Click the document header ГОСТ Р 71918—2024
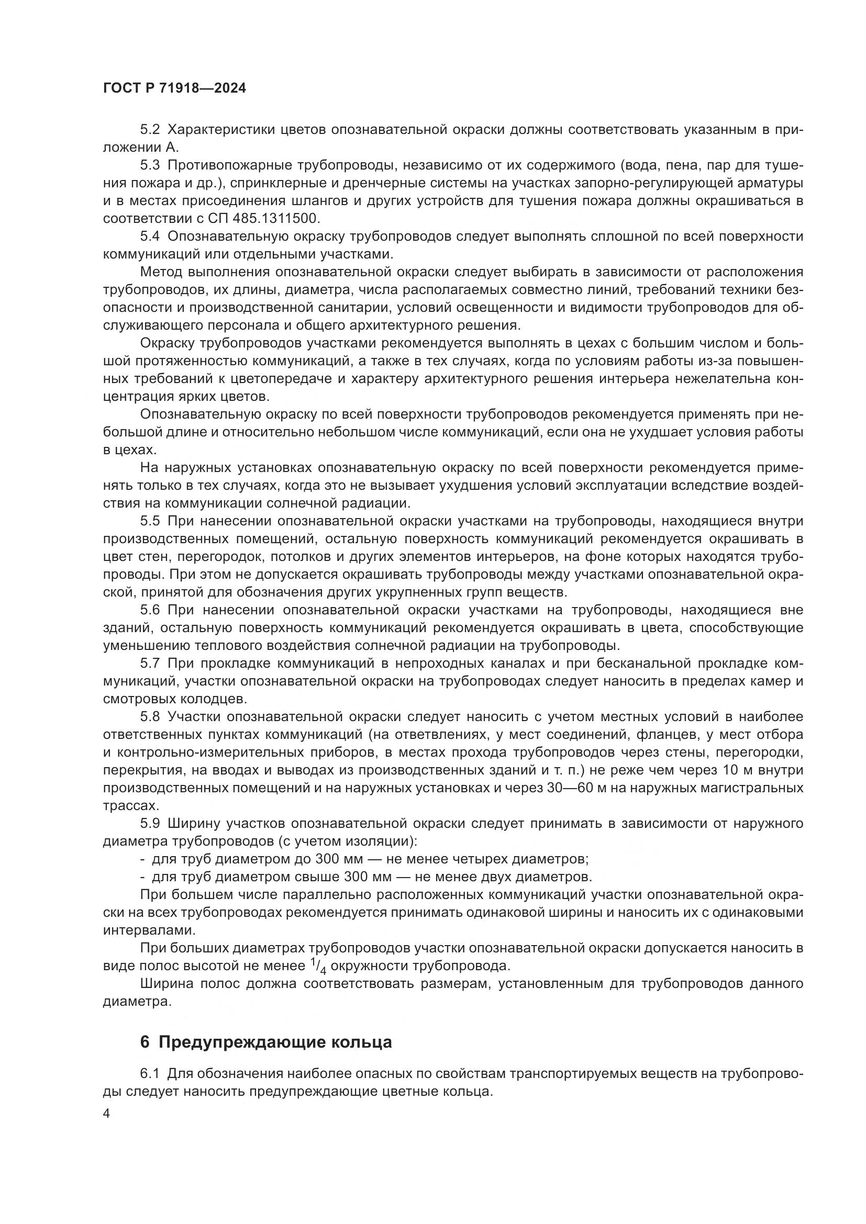[174, 88]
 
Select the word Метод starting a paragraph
[161, 272]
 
